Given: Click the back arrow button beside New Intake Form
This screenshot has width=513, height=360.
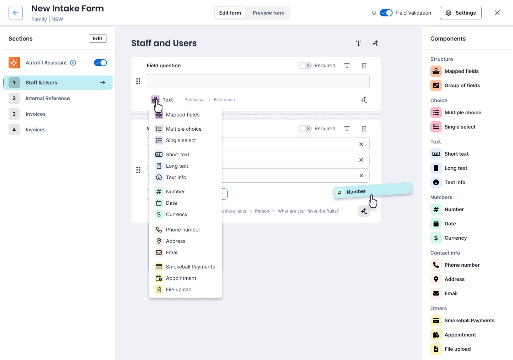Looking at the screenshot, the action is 16,13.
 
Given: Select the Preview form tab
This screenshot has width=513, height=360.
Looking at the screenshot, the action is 268,13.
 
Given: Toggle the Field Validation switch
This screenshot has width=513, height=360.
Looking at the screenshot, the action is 386,13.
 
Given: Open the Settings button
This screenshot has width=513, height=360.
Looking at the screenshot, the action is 461,13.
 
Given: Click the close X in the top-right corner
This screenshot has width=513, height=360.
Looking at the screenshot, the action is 497,13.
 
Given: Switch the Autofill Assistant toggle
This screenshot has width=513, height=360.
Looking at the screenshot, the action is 100,63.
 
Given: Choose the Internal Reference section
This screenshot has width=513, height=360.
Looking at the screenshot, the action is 48,98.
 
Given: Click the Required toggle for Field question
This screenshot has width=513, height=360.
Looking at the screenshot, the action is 305,66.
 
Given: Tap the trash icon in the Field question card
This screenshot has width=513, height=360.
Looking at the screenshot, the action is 364,66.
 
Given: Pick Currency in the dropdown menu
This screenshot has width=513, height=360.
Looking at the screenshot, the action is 177,214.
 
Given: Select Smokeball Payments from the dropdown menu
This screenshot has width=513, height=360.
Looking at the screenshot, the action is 190,267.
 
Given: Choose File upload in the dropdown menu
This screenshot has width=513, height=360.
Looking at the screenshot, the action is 178,289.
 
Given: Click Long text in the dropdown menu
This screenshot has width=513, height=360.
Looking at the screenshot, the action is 177,166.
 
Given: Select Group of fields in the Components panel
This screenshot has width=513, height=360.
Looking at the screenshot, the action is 462,85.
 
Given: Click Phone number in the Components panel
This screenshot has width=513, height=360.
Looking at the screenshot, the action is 462,265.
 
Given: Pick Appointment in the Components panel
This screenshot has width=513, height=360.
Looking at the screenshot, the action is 460,335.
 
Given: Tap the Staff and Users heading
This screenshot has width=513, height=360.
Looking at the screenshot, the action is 164,43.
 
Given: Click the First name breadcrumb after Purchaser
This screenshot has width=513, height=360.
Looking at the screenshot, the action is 224,100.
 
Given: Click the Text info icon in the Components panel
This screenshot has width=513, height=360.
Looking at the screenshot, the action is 436,182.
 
